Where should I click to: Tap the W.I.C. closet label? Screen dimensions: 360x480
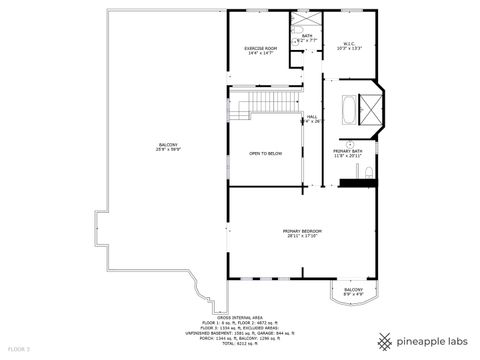(x=349, y=43)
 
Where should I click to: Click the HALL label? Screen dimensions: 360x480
(x=312, y=116)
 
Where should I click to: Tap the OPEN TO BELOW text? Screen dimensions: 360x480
(x=265, y=153)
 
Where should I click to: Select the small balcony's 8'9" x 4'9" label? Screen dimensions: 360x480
(x=354, y=294)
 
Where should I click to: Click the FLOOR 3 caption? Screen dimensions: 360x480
(x=19, y=349)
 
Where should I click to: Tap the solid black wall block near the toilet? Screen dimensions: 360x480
(x=352, y=182)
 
